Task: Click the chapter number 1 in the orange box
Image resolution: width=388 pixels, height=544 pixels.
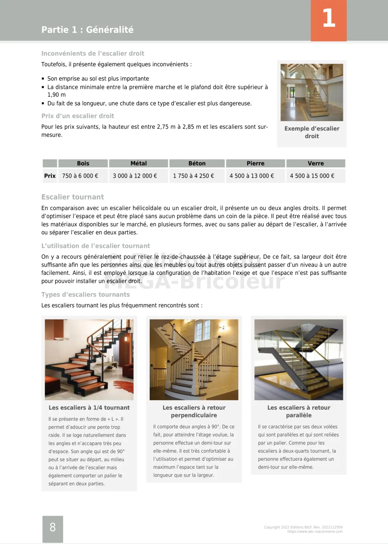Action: (x=329, y=18)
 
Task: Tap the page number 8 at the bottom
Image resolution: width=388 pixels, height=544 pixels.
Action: (x=53, y=527)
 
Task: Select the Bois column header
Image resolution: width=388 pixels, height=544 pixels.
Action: (x=83, y=163)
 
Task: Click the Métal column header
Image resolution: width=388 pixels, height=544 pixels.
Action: (x=138, y=163)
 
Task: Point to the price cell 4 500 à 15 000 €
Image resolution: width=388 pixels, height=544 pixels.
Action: (x=312, y=176)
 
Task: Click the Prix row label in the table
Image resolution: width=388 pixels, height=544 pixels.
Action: (x=50, y=176)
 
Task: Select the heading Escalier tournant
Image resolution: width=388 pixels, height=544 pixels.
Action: (x=72, y=197)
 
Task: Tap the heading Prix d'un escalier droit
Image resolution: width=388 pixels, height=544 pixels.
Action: (x=78, y=116)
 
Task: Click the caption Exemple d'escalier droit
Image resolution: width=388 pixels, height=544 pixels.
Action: (x=312, y=132)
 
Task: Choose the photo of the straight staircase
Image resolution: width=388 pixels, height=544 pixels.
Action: (x=311, y=92)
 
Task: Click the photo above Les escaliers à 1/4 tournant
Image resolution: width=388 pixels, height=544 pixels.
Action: (x=89, y=359)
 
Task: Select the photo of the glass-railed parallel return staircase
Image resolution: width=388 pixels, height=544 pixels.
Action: (x=299, y=359)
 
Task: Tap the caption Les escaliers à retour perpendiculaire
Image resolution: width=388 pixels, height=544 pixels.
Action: (x=194, y=411)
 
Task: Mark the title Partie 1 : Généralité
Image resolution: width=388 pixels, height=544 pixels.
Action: (x=87, y=30)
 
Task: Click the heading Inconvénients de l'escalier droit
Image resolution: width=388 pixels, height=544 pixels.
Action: (x=93, y=53)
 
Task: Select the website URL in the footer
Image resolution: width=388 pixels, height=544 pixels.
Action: (x=315, y=532)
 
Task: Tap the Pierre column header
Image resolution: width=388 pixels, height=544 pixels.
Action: (x=255, y=163)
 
